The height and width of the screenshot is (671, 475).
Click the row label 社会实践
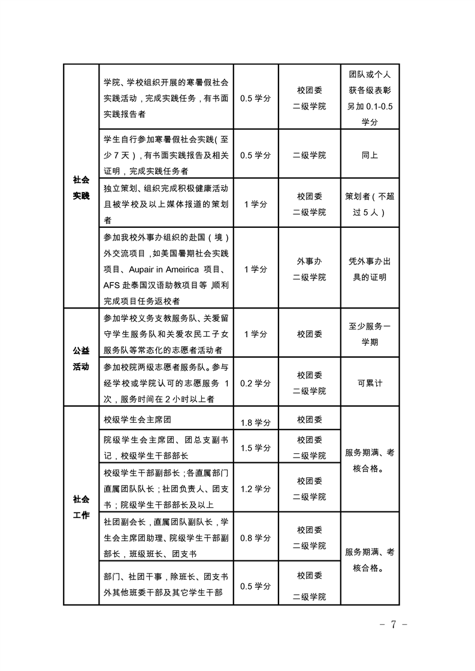coord(81,187)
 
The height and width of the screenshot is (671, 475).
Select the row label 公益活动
coord(81,358)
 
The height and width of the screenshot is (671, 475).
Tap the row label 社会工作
coord(81,506)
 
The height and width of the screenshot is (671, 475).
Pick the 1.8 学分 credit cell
coord(255,423)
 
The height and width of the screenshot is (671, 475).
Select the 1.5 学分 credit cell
coord(255,448)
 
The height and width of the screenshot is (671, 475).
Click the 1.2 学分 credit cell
coord(255,489)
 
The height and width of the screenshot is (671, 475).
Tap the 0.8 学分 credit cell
coord(255,538)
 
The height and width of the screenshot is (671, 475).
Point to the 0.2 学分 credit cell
coord(255,383)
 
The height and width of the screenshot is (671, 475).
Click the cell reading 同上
coord(370,155)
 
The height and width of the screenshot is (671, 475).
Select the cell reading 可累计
coord(370,383)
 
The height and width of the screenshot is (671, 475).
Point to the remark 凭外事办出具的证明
coord(370,269)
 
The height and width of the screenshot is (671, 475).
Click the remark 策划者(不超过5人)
coord(370,204)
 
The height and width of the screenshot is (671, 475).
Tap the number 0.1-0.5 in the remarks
coord(382,108)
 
